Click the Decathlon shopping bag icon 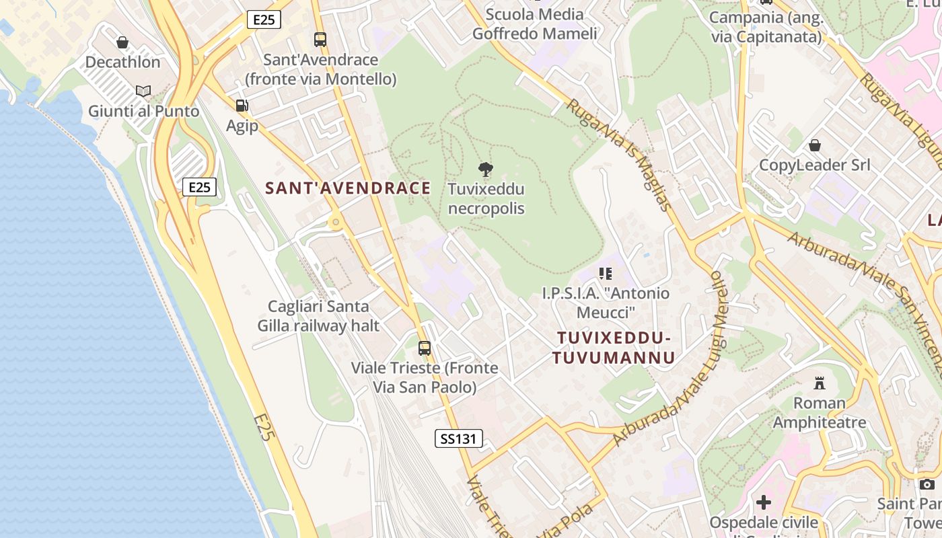click(122, 43)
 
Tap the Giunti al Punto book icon click(143, 91)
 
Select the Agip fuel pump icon click(242, 106)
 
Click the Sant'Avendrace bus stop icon click(320, 40)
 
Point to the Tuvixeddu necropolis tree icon click(485, 169)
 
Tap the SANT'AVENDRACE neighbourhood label click(348, 188)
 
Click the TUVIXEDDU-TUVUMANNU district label click(613, 348)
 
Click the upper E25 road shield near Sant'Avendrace click(264, 20)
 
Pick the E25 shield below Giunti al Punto click(199, 187)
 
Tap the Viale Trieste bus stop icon click(425, 348)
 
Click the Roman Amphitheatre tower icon click(820, 384)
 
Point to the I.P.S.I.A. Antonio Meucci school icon click(606, 274)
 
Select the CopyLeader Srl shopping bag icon click(815, 145)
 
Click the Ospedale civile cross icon click(764, 502)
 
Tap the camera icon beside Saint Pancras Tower click(927, 484)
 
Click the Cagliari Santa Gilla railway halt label click(318, 316)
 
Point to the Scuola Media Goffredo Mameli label click(534, 24)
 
